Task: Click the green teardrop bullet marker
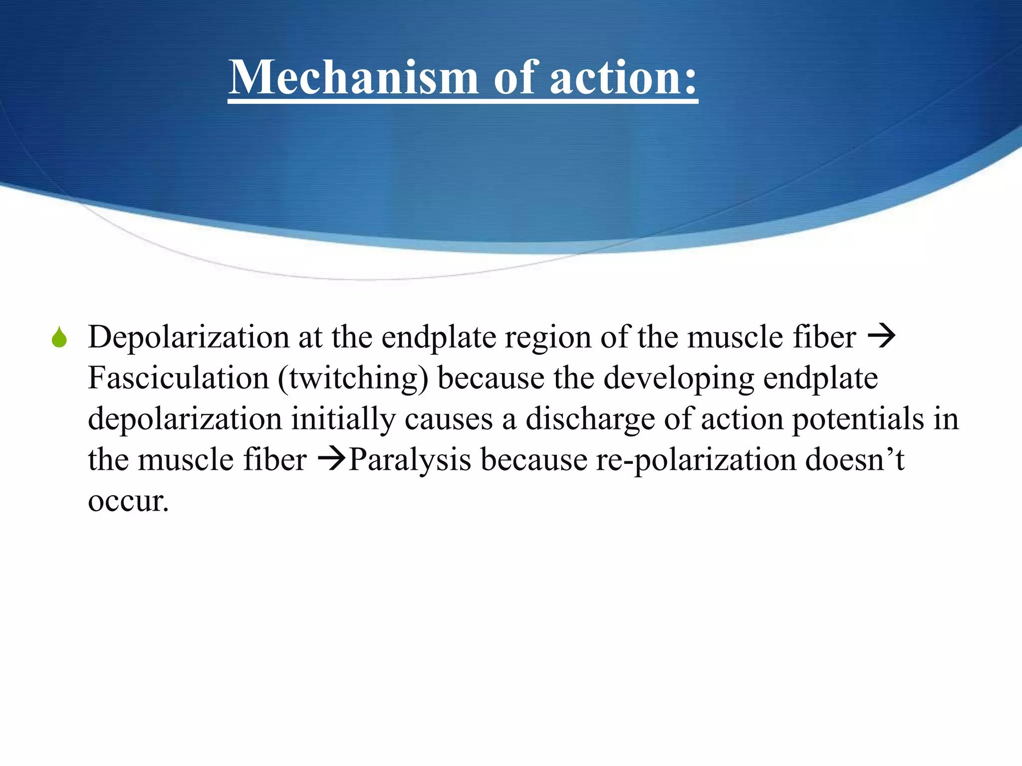click(59, 338)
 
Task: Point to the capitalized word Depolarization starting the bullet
click(189, 338)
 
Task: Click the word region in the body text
click(547, 338)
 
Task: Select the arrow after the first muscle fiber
click(882, 337)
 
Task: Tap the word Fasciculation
click(178, 378)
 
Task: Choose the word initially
click(343, 419)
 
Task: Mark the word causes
click(449, 419)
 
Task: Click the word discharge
click(590, 419)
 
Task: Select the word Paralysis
click(410, 459)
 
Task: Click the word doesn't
click(854, 459)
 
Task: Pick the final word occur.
click(128, 500)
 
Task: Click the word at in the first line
click(310, 338)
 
